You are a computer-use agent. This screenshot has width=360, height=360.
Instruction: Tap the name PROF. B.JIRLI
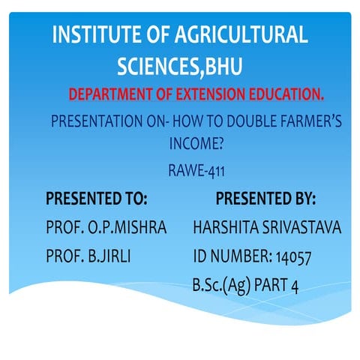[88, 255]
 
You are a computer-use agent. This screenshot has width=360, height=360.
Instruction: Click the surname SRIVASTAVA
[303, 227]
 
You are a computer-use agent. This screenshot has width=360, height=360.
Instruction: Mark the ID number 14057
[293, 256]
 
